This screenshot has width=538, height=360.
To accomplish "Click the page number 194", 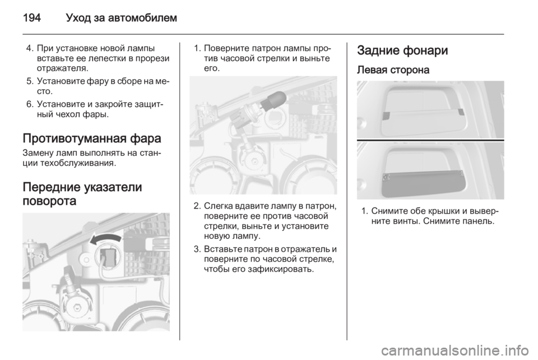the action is [x=32, y=17].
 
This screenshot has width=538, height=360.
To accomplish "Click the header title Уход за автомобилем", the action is [x=121, y=18].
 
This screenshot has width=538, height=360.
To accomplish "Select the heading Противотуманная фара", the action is [x=91, y=139].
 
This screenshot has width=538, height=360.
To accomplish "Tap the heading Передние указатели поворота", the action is [x=82, y=193].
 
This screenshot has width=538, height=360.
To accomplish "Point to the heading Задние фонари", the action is [x=402, y=50].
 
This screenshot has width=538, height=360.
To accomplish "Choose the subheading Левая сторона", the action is [x=393, y=70].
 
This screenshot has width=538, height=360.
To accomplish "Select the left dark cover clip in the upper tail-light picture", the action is [x=386, y=116].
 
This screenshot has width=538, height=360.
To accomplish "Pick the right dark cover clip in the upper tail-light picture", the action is [x=461, y=112].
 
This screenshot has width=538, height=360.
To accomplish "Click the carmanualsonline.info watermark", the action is [x=454, y=350].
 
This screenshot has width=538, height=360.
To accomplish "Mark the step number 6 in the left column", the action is [x=30, y=104].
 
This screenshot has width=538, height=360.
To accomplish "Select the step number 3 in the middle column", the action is [x=197, y=249].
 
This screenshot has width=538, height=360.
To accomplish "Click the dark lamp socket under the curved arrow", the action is [x=109, y=257].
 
